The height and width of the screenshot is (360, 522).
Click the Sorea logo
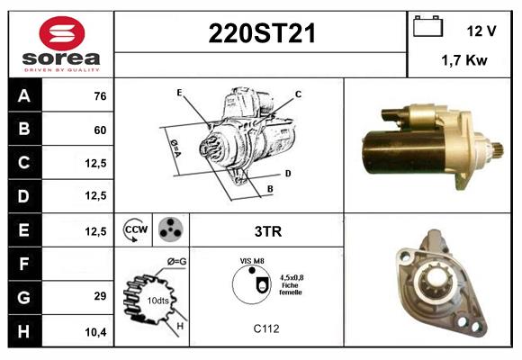pyautogui.click(x=60, y=44)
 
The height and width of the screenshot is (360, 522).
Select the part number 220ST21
pyautogui.click(x=261, y=34)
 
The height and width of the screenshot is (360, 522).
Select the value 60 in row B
pyautogui.click(x=99, y=130)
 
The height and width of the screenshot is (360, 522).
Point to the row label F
pyautogui.click(x=23, y=265)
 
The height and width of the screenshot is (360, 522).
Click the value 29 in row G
pyautogui.click(x=99, y=296)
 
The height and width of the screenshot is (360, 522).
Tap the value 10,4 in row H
pyautogui.click(x=97, y=331)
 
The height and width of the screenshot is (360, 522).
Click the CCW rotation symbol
pyautogui.click(x=135, y=230)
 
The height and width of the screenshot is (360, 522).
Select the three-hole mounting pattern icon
pyautogui.click(x=171, y=230)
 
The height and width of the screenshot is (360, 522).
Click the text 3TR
pyautogui.click(x=267, y=231)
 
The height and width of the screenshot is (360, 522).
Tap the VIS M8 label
pyautogui.click(x=251, y=260)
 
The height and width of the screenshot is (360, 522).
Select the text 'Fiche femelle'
pyautogui.click(x=291, y=289)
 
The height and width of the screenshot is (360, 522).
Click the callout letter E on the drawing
pyautogui.click(x=179, y=93)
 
